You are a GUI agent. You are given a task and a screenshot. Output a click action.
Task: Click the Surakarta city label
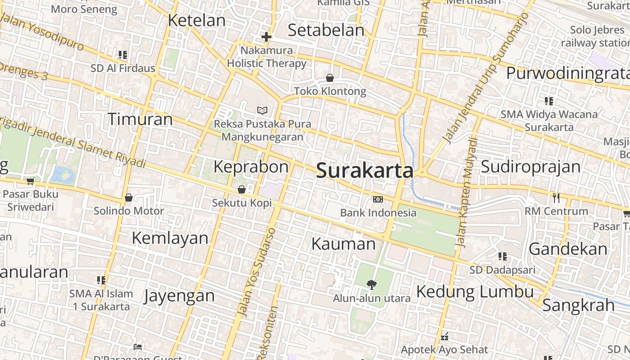[364, 171]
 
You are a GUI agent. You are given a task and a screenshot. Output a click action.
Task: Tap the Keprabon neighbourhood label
[251, 166]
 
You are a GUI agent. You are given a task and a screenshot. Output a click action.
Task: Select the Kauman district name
[343, 244]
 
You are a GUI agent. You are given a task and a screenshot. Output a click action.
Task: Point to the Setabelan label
[326, 30]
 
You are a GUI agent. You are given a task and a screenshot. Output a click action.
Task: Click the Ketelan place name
[197, 20]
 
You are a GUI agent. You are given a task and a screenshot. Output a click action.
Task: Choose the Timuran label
[140, 119]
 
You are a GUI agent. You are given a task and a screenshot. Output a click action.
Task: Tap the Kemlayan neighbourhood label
[170, 238]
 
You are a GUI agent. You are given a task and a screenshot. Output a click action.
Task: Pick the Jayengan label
[180, 296]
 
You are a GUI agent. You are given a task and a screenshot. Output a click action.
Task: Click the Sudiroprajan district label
[531, 166]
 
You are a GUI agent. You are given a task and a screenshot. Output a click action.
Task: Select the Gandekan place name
[568, 249]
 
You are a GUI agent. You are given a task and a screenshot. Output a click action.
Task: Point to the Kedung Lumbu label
[475, 292]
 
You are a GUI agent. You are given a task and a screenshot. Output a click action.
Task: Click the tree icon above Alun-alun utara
[371, 284]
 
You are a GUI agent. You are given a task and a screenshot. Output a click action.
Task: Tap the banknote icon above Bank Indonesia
[378, 199]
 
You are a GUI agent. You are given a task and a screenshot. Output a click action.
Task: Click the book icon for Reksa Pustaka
[262, 110]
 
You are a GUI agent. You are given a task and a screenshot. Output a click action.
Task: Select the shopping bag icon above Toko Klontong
[330, 78]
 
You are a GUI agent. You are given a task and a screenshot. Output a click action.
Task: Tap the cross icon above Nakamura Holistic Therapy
[266, 36]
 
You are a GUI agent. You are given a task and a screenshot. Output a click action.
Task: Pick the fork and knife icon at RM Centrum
[556, 198]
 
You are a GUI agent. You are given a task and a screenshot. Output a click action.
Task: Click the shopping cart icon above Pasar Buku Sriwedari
[30, 181]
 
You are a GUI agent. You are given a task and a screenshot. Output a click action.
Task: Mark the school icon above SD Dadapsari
[503, 256]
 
